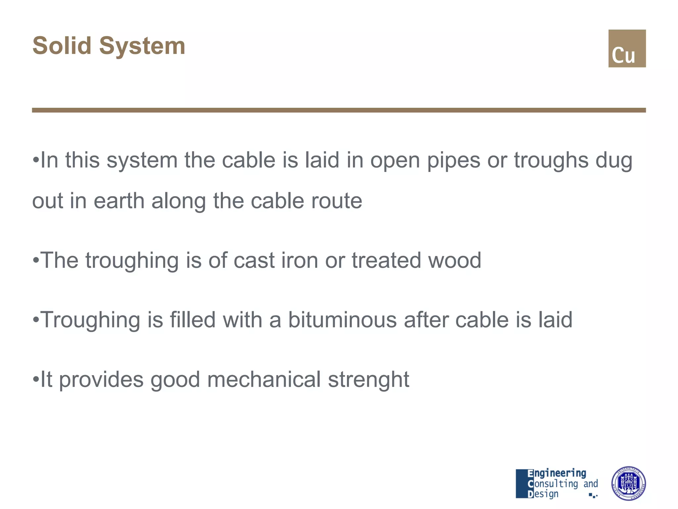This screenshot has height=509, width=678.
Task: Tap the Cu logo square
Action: [x=627, y=48]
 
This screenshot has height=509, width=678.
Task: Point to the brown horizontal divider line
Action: [x=339, y=110]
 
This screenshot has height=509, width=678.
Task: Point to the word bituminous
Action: [x=342, y=320]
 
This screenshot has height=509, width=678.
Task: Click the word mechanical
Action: [x=264, y=379]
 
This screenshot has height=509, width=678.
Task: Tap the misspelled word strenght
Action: [x=368, y=380]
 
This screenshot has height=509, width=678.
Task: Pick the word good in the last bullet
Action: [x=175, y=380]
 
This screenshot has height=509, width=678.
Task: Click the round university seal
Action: [x=628, y=483]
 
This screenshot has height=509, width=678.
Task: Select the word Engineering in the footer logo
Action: [x=557, y=474]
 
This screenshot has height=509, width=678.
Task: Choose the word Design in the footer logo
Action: [x=543, y=494]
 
